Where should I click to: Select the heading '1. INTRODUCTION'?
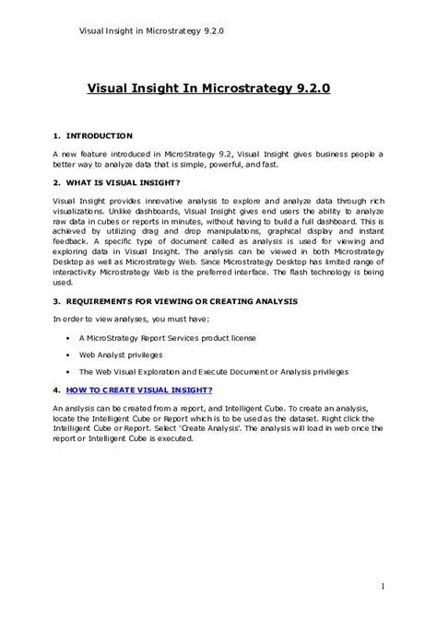click(x=92, y=136)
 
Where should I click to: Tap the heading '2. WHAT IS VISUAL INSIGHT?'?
click(x=116, y=182)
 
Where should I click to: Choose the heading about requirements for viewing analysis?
click(x=174, y=302)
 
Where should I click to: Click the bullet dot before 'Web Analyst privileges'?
click(x=69, y=355)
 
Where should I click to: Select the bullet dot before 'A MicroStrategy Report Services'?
click(x=69, y=338)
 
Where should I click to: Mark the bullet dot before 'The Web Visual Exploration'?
click(x=69, y=371)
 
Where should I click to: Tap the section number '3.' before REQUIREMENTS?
click(x=56, y=302)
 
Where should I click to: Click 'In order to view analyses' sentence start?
click(x=101, y=320)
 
